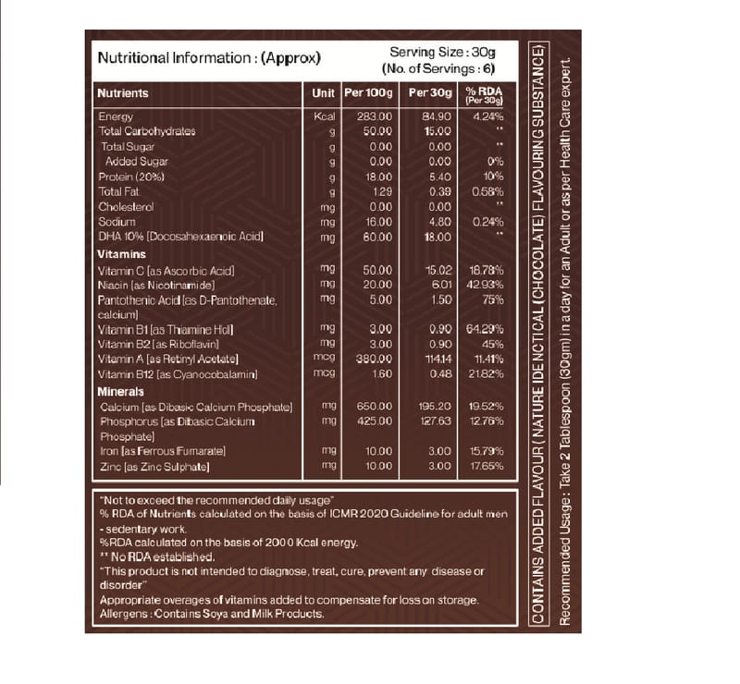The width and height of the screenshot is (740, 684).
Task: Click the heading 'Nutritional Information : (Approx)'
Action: click(x=209, y=57)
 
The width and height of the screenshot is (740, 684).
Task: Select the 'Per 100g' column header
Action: click(x=368, y=93)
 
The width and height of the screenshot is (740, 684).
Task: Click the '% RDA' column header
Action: click(x=484, y=93)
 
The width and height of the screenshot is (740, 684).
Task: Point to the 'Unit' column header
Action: click(x=323, y=93)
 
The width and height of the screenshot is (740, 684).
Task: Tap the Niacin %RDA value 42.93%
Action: click(x=486, y=285)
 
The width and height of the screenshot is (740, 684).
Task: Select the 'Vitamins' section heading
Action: click(x=121, y=253)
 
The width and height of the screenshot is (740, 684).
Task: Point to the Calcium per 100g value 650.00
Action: click(x=375, y=406)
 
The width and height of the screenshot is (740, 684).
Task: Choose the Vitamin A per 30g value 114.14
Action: click(x=436, y=359)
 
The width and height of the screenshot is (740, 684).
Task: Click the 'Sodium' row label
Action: click(x=117, y=222)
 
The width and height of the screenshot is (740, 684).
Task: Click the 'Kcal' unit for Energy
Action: click(x=323, y=116)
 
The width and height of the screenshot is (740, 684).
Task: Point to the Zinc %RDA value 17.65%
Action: click(x=486, y=466)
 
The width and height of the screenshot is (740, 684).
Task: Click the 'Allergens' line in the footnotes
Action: click(x=211, y=613)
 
